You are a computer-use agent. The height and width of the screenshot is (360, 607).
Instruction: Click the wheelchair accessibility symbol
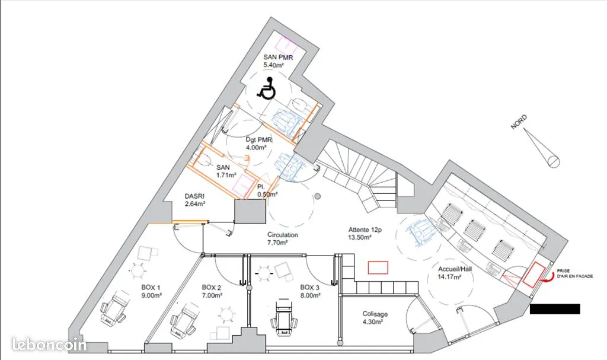(267, 89)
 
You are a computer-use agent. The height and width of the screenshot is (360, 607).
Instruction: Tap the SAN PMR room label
(278, 58)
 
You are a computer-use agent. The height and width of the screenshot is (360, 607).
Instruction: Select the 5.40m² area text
(273, 65)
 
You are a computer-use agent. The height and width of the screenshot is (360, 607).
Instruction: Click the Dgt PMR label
(258, 139)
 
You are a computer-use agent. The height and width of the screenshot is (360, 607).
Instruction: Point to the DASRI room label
(194, 196)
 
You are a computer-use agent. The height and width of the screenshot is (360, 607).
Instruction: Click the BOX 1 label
(151, 288)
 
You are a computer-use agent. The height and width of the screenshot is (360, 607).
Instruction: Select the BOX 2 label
(212, 288)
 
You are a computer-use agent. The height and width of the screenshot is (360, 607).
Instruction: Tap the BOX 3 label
(309, 288)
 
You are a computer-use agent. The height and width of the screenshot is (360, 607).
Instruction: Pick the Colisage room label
(375, 314)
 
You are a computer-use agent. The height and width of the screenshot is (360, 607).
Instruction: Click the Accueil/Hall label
(455, 269)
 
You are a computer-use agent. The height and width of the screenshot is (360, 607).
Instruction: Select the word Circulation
(283, 235)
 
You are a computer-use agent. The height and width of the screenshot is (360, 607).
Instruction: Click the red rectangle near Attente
(378, 267)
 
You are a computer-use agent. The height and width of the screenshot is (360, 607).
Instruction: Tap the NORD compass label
(519, 122)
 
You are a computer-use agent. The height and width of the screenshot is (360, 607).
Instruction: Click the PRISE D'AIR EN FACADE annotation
(575, 273)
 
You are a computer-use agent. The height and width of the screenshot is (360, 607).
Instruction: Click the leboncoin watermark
(49, 344)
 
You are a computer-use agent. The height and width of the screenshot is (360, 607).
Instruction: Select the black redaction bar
(555, 309)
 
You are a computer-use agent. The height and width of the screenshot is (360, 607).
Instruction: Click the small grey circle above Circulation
(318, 196)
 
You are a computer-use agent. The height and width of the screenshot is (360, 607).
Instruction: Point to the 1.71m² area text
(226, 175)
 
